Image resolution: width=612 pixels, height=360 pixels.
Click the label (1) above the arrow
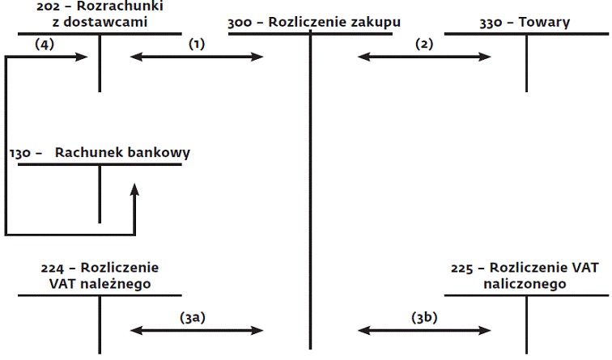tap(197, 44)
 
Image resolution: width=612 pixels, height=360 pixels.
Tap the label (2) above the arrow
tap(424, 44)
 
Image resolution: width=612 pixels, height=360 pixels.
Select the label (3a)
tap(193, 318)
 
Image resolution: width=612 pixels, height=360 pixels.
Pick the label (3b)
tap(424, 318)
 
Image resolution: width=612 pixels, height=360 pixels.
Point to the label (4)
tap(45, 44)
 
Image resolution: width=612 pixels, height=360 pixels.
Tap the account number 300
tap(240, 23)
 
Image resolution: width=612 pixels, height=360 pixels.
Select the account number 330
tap(491, 23)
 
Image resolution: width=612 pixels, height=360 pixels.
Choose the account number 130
tap(20, 153)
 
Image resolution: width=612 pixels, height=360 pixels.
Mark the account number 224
tap(53, 269)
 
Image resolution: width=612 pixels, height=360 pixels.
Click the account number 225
tap(462, 269)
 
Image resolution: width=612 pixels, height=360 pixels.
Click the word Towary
tap(544, 22)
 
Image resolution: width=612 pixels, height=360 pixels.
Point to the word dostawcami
tap(105, 22)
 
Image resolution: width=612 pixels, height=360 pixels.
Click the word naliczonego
tap(525, 284)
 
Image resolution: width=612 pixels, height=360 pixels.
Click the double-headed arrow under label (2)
tap(424, 57)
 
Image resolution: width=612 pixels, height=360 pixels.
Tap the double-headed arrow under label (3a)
tap(197, 331)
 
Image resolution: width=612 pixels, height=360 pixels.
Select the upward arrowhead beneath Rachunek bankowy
tap(135, 190)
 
